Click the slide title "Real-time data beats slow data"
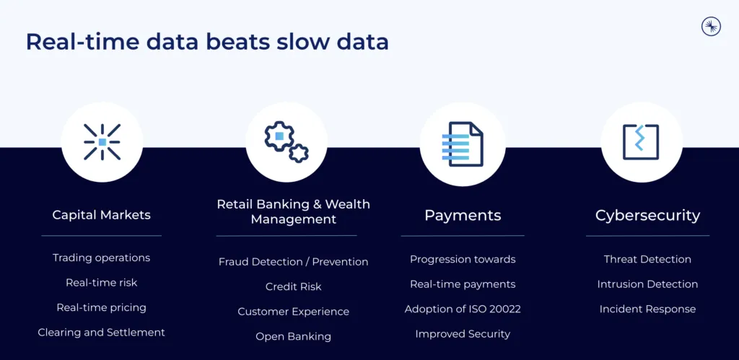pyautogui.click(x=207, y=42)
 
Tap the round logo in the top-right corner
pyautogui.click(x=711, y=27)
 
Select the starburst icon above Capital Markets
pyautogui.click(x=102, y=142)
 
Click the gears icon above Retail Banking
pyautogui.click(x=286, y=142)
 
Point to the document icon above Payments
pyautogui.click(x=463, y=144)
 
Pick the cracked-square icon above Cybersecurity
pyautogui.click(x=641, y=142)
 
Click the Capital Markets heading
pyautogui.click(x=101, y=215)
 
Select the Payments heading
pyautogui.click(x=463, y=215)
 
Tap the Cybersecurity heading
pyautogui.click(x=647, y=215)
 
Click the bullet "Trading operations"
pyautogui.click(x=101, y=258)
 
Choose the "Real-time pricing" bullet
pyautogui.click(x=101, y=308)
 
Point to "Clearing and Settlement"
pyautogui.click(x=101, y=333)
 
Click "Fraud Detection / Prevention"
pyautogui.click(x=293, y=261)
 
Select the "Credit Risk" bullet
pyautogui.click(x=293, y=286)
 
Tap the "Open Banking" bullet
pyautogui.click(x=293, y=336)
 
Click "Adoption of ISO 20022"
pyautogui.click(x=463, y=309)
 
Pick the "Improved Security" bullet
pyautogui.click(x=463, y=334)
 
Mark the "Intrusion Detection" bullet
pyautogui.click(x=647, y=284)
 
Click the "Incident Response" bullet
pyautogui.click(x=647, y=309)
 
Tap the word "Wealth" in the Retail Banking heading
pyautogui.click(x=348, y=204)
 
